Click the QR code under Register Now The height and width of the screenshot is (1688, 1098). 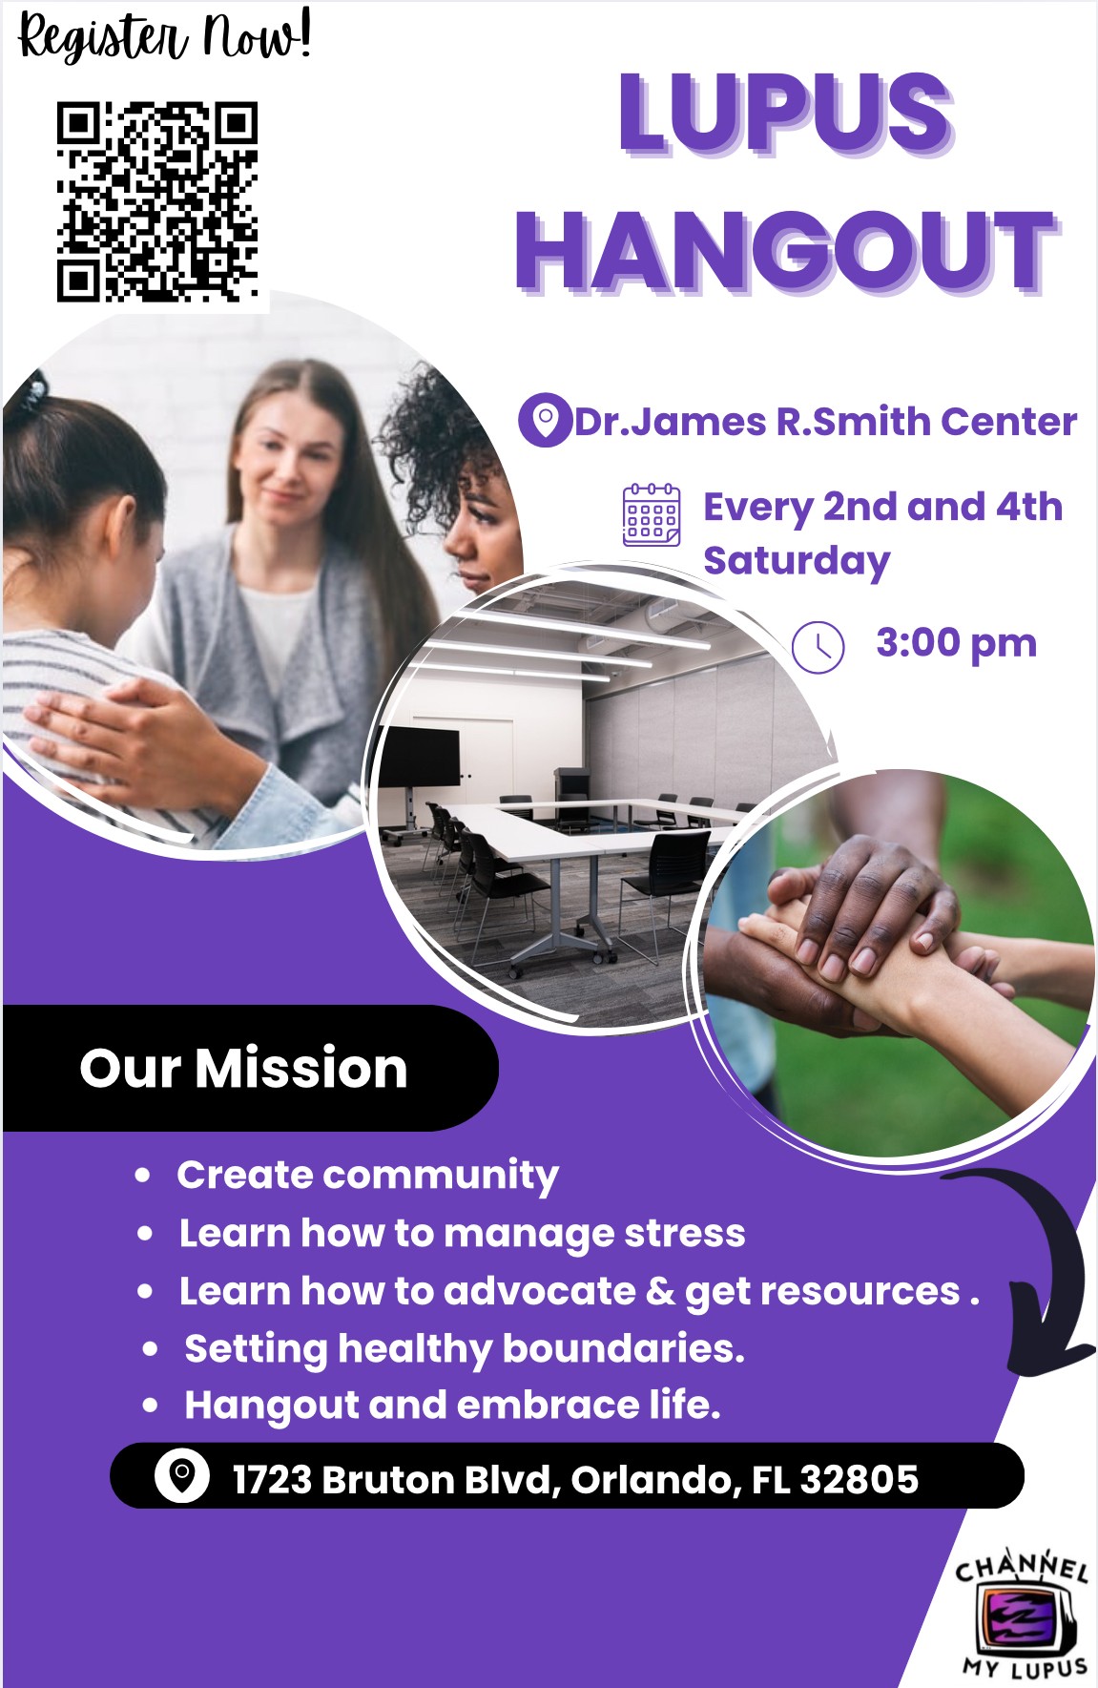tap(157, 201)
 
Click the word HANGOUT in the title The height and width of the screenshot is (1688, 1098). tap(787, 250)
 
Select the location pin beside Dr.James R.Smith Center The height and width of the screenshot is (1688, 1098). tap(544, 421)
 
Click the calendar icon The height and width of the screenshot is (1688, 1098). tap(652, 514)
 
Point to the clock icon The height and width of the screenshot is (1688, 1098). tap(818, 647)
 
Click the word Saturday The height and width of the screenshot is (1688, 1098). tap(797, 562)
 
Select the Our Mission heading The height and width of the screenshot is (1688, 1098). tap(244, 1068)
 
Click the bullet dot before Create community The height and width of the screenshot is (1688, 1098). tap(143, 1176)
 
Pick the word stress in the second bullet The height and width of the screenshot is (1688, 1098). tap(684, 1234)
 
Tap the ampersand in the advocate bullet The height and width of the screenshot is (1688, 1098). tap(660, 1291)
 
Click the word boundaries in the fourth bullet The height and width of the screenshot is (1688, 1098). tap(623, 1349)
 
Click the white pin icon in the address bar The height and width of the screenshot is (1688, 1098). tap(181, 1477)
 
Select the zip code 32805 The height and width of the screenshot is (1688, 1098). tap(860, 1480)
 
